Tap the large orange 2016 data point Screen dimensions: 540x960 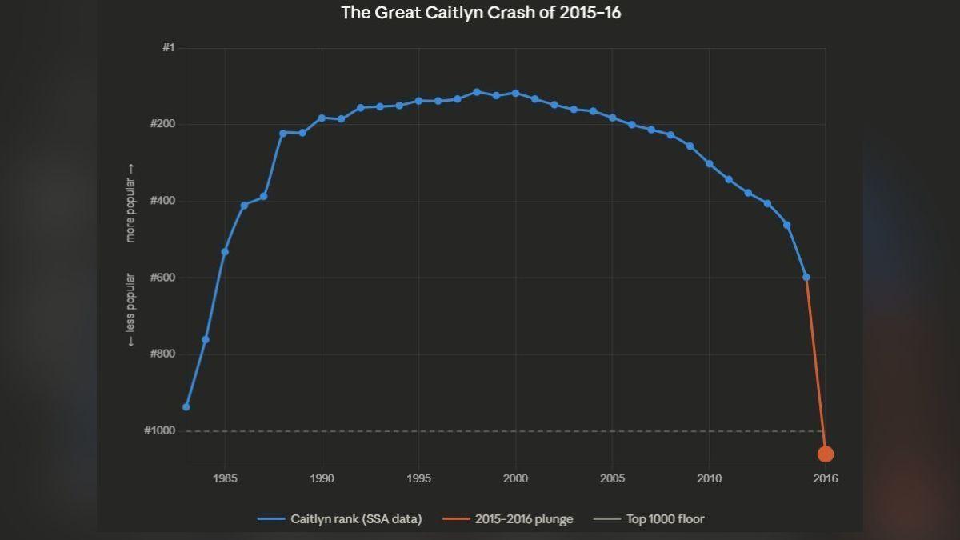[826, 454]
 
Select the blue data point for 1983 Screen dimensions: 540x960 [186, 407]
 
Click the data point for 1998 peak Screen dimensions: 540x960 [477, 92]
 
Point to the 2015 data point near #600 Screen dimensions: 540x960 [806, 278]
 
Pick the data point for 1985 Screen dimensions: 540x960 [225, 252]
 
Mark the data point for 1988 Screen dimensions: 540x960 [283, 133]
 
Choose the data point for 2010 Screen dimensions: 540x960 [710, 163]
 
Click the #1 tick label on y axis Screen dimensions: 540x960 [168, 48]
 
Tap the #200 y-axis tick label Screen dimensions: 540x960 [163, 125]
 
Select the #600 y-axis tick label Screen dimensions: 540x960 [163, 278]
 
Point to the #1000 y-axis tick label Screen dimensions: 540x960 [160, 430]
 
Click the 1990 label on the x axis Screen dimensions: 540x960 [322, 478]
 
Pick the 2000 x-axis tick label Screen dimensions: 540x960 [515, 478]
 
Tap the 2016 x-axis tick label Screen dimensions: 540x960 [826, 478]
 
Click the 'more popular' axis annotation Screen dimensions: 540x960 [130, 204]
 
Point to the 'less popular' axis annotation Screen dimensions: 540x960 [130, 310]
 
